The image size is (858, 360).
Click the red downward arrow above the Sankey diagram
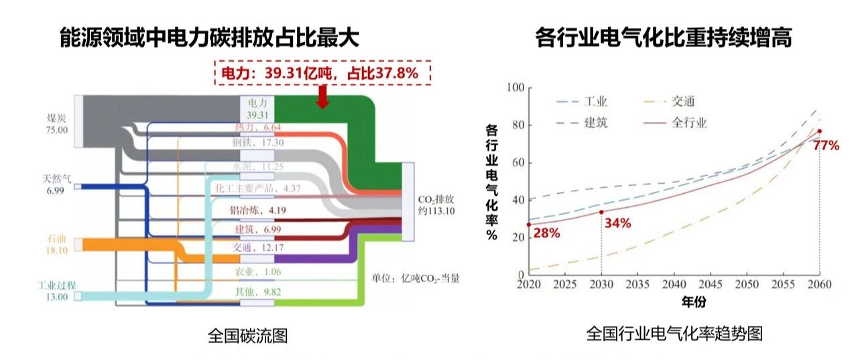322,97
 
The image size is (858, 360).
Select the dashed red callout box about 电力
322,73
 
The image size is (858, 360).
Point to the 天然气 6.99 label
56,185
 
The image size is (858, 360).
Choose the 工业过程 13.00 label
54,291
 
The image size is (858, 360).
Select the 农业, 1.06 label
258,272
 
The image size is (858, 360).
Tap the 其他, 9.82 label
257,292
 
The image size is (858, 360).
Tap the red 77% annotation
826,145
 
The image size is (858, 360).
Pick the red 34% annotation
617,223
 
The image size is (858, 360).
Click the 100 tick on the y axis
514,88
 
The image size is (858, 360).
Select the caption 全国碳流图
247,335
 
